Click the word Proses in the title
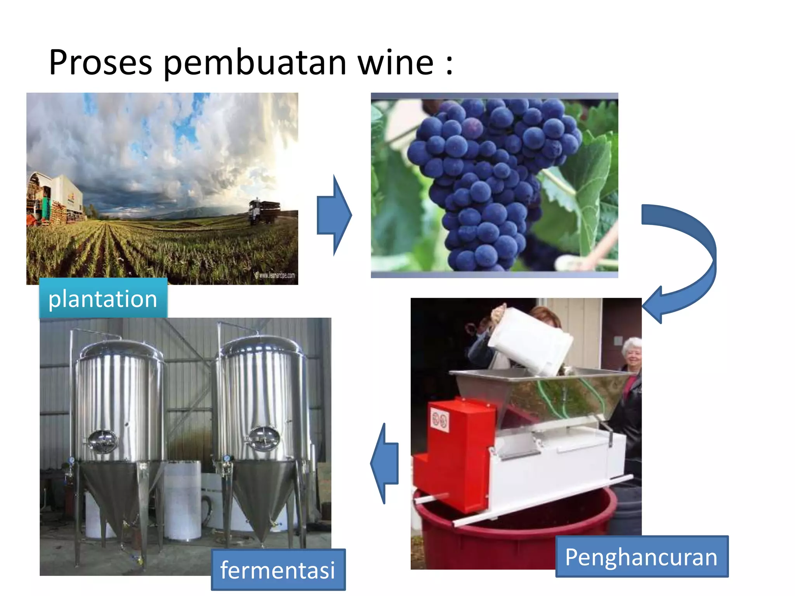[100, 63]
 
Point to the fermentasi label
[278, 570]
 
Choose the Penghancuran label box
[641, 557]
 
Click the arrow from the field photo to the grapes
[334, 215]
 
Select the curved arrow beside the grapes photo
[683, 260]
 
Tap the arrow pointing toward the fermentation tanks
[385, 463]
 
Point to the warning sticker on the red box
[440, 420]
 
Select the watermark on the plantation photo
[275, 275]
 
